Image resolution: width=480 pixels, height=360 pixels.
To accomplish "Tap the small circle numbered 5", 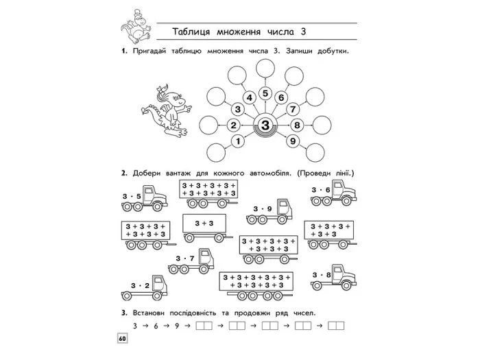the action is point(265,93).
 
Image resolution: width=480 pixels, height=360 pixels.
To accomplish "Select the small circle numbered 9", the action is point(293,141).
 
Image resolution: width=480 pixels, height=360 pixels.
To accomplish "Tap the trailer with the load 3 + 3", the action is point(205,228).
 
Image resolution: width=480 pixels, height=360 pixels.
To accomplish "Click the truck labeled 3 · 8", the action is point(334,277).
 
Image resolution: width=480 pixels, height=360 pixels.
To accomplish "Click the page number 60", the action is point(122,339).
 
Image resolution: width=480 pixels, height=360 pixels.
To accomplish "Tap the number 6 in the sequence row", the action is point(156,326).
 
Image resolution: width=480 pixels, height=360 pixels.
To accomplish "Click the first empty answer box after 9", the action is point(204,326).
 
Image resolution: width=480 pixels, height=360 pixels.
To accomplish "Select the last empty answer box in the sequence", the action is point(336,326).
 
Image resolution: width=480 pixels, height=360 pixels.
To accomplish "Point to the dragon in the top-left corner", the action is point(135,27).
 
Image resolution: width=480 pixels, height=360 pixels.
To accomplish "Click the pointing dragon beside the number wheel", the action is point(166,110).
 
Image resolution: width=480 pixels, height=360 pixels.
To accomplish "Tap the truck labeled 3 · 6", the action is point(334,193).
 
